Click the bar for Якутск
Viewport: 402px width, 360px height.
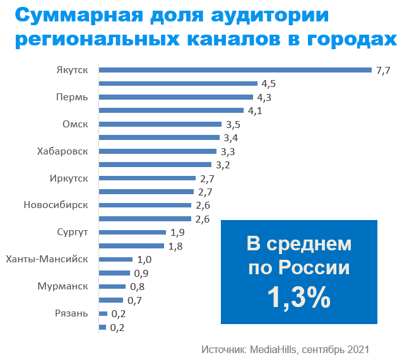[x=235, y=70]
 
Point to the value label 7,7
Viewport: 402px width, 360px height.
[x=383, y=70]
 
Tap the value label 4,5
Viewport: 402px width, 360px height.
[x=269, y=84]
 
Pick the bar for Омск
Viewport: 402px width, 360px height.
[x=160, y=124]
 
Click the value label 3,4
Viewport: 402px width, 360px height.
[x=230, y=137]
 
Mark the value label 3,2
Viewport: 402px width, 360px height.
[x=223, y=165]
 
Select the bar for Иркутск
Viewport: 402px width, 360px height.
[x=147, y=178]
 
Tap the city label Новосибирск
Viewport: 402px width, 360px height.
[x=56, y=206]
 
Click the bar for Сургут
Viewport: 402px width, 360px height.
[x=132, y=232]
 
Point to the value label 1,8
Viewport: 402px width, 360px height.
[x=176, y=246]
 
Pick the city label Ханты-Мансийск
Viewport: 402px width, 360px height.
[x=47, y=259]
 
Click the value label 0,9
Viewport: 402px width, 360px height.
[x=141, y=273]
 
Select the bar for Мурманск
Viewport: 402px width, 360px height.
[x=112, y=286]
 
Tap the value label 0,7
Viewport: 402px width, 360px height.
[x=134, y=300]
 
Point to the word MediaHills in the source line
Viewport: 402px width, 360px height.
[x=275, y=349]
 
